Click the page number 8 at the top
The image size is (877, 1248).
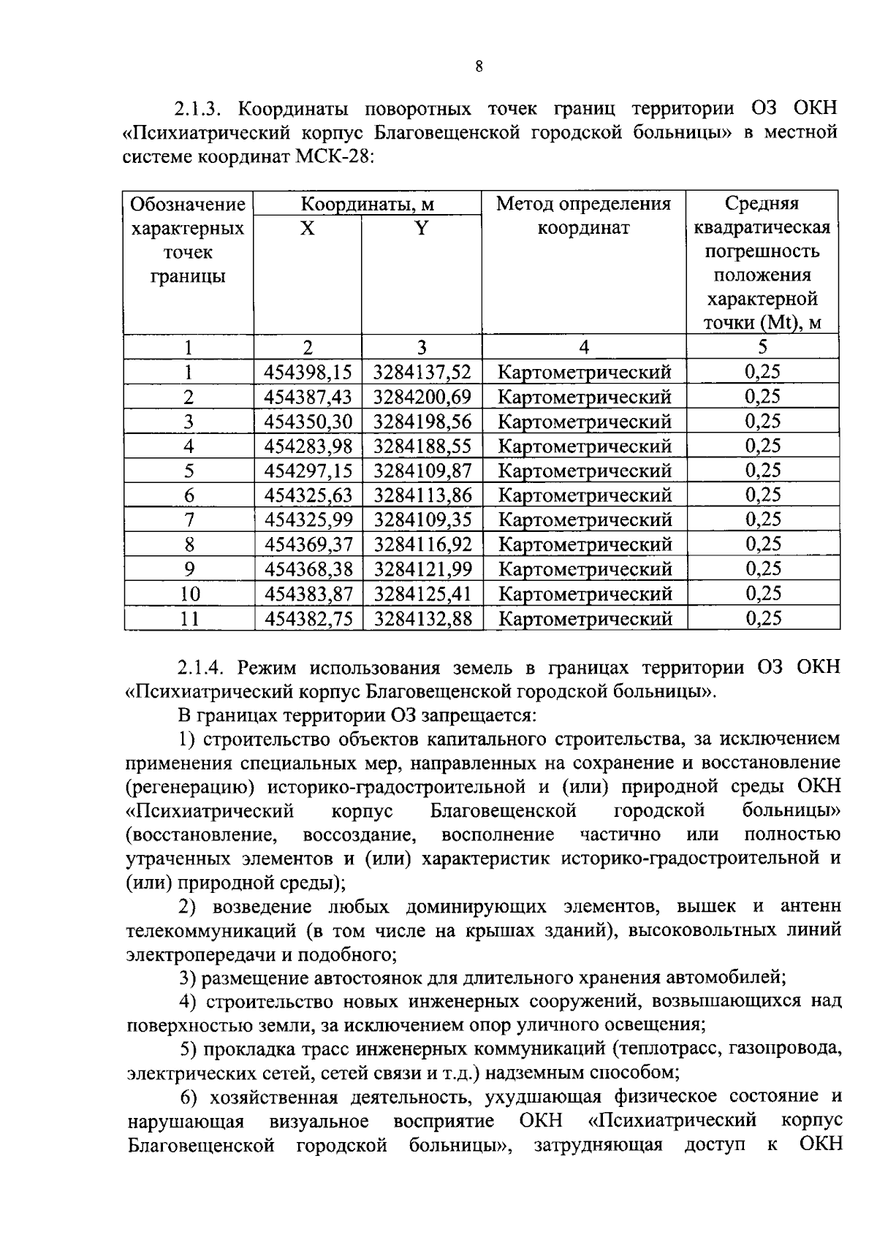coord(479,67)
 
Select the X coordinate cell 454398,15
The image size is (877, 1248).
coord(308,373)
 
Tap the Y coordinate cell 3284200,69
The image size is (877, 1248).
coord(422,397)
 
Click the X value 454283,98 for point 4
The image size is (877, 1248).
coord(308,446)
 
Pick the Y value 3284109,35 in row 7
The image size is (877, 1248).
coord(422,520)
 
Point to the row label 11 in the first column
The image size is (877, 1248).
coord(189,619)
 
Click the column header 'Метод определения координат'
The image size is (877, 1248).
coord(583,216)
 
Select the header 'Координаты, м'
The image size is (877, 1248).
coord(368,204)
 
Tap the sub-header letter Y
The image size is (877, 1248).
coord(422,229)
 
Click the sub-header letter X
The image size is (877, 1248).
coord(308,229)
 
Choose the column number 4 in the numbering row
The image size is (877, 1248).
coord(583,347)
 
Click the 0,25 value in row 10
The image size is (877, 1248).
coord(762,593)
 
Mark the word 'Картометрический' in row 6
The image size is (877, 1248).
coord(584,495)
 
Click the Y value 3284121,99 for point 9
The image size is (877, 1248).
coord(422,569)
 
